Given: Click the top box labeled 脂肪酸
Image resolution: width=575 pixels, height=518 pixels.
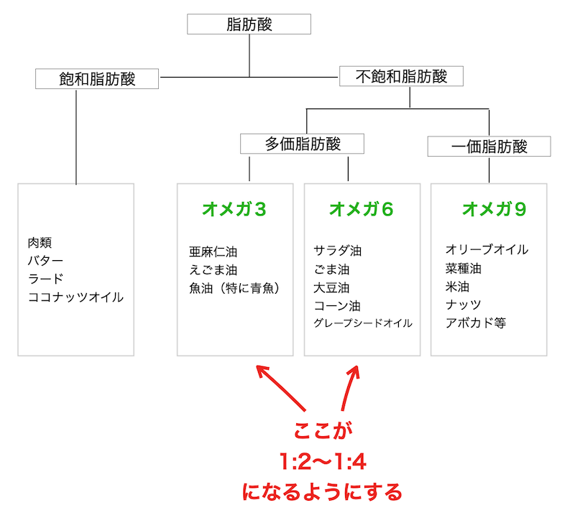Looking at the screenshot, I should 249,24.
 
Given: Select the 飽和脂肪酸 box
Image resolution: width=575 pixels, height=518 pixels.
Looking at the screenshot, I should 97,78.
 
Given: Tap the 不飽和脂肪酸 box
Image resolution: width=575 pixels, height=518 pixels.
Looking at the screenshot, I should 401,76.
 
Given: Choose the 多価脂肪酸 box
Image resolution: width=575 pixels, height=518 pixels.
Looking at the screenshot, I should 303,144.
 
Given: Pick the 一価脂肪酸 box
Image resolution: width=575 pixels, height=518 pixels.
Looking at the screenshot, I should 489,147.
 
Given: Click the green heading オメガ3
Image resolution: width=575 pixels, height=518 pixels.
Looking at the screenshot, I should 234,209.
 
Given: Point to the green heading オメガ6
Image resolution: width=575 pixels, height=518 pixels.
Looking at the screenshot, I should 362,209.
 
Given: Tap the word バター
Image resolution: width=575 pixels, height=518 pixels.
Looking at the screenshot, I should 45,261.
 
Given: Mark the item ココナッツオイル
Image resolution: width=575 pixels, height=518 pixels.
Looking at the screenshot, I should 75,296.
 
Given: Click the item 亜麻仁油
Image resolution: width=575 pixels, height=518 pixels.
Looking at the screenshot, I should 213,251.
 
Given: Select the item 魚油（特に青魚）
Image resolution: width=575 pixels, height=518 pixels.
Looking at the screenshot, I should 234,287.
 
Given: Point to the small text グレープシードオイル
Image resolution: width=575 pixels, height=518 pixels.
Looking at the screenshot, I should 363,323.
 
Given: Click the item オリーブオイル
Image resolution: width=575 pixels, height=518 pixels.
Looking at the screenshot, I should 487,250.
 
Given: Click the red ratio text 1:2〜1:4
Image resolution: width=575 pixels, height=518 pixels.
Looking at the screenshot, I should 322,461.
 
